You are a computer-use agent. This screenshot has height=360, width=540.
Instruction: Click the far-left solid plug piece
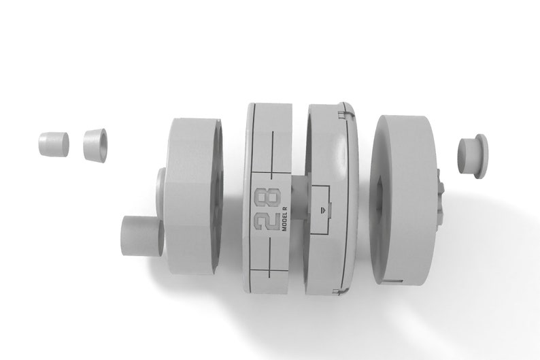pos(53,143)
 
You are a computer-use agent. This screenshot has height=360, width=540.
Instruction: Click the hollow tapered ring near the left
pos(95,145)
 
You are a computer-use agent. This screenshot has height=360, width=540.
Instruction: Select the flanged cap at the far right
pos(473,157)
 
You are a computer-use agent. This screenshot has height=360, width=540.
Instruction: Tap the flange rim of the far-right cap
pos(482,157)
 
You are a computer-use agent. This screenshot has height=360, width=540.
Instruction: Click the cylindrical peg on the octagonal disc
pos(142,236)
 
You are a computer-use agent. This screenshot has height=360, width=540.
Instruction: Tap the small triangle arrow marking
pos(322,209)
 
